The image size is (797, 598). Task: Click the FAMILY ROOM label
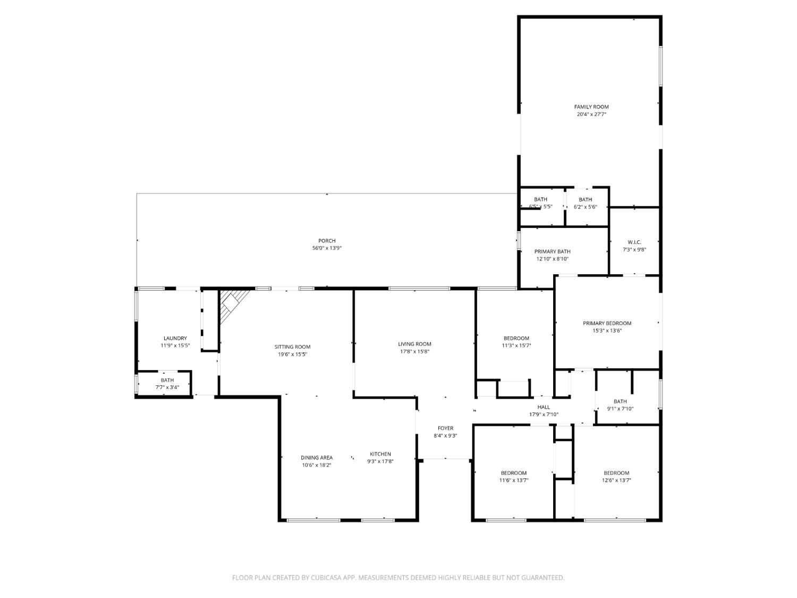pos(591,107)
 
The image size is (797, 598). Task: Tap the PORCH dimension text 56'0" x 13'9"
pos(327,248)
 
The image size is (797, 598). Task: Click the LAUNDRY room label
pos(175,338)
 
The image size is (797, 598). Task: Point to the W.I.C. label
pos(634,242)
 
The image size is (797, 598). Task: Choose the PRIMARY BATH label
pos(552,251)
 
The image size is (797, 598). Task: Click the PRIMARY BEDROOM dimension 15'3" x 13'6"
pos(607,331)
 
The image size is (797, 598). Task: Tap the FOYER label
pos(445,428)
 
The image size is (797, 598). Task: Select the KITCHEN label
pos(380,454)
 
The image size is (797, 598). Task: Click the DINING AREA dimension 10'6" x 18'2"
pos(317,465)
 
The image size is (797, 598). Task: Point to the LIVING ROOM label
pos(414,344)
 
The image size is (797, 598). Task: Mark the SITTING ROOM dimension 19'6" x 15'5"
pos(292,355)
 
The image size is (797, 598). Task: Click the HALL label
pos(544,407)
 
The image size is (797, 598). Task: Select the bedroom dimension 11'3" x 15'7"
pos(516,346)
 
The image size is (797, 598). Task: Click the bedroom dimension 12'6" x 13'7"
pos(616,481)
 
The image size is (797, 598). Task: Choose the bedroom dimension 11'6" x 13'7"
pos(513,481)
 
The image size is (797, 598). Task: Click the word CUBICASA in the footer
pos(326,578)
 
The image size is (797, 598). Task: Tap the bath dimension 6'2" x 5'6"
pos(585,207)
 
